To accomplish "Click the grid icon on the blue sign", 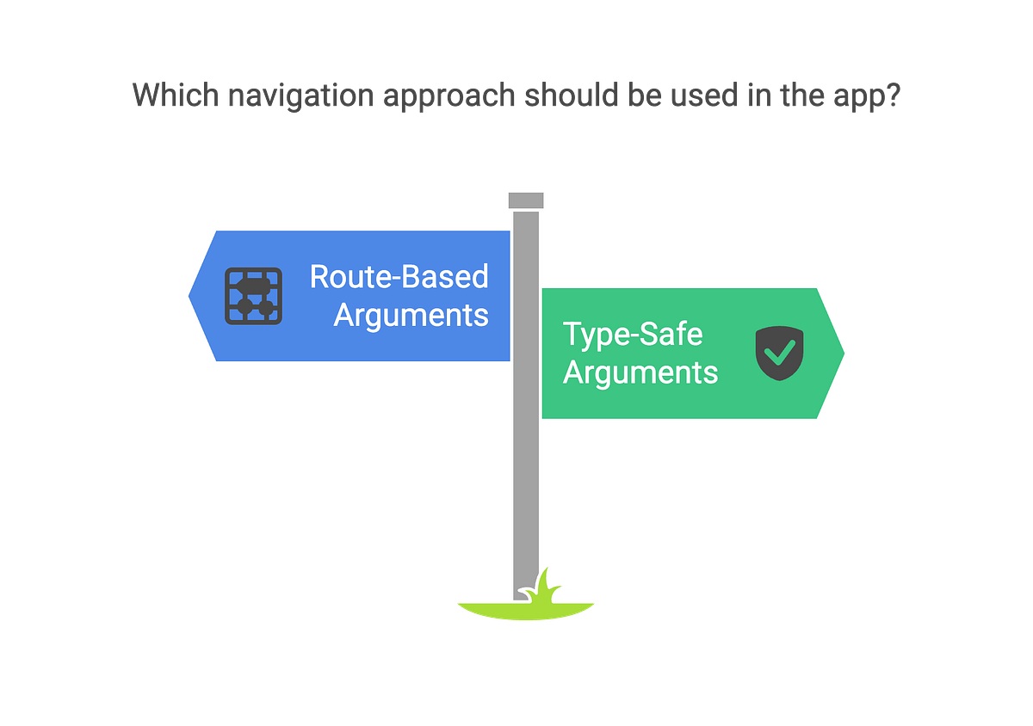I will coord(253,296).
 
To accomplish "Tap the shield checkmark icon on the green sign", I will coord(779,353).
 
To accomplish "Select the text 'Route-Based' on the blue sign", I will coord(399,277).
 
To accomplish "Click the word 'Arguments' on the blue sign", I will coord(411,315).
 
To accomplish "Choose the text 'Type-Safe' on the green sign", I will coord(633,334).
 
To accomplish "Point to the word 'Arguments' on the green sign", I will coord(640,373).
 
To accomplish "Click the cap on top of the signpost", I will coord(525,200).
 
